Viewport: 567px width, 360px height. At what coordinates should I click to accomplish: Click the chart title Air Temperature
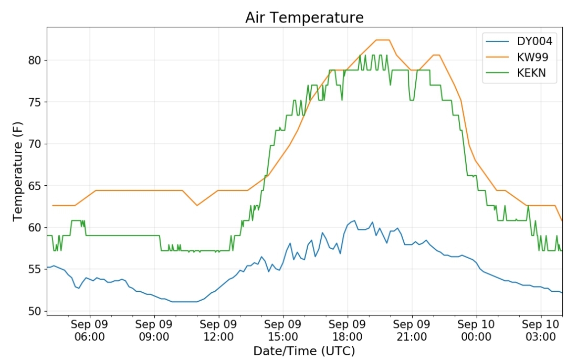point(304,17)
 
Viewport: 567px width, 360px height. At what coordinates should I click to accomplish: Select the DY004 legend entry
point(519,41)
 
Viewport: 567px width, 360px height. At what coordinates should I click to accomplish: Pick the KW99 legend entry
point(517,57)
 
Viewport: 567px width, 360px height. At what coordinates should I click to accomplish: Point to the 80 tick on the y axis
point(35,60)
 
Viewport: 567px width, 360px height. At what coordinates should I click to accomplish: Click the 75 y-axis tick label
point(35,102)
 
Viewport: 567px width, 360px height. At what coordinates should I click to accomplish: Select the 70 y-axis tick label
point(35,144)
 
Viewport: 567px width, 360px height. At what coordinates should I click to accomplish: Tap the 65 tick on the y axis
point(35,186)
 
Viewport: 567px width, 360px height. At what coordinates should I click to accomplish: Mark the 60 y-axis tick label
point(35,228)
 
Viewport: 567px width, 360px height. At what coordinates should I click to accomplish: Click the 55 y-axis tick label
point(35,270)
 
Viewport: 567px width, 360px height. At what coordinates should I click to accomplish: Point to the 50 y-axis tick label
point(35,311)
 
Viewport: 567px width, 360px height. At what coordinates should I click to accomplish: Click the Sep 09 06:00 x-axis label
point(90,331)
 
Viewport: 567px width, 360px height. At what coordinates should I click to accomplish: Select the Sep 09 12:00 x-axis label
point(218,331)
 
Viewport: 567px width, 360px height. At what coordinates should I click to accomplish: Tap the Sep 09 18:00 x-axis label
point(347,331)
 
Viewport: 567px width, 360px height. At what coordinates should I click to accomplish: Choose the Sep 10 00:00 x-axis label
point(476,331)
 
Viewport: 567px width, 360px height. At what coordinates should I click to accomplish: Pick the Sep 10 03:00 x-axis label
point(541,331)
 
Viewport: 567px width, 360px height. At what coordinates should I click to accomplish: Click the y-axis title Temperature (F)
point(17,171)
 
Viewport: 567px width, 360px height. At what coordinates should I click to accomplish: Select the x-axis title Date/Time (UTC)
point(304,351)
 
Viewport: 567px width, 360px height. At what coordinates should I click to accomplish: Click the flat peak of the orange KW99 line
point(383,40)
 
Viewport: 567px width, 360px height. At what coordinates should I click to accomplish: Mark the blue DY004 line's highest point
point(354,220)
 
